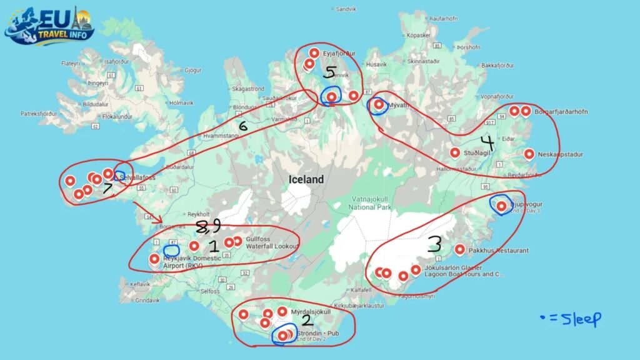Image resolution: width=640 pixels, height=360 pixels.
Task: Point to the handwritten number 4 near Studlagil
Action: point(487,143)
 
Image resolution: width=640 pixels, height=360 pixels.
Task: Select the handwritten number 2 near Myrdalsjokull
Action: point(306,320)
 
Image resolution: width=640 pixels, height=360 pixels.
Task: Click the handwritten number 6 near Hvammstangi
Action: point(242,126)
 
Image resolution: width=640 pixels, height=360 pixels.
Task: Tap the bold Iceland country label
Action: point(306,179)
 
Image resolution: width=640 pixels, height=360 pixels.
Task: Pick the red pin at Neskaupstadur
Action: point(529,154)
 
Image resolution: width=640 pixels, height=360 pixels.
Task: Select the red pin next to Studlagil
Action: point(455,152)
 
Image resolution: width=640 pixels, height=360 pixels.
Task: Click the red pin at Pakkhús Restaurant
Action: point(460,249)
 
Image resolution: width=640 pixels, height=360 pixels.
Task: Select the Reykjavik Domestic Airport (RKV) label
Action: point(191,262)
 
